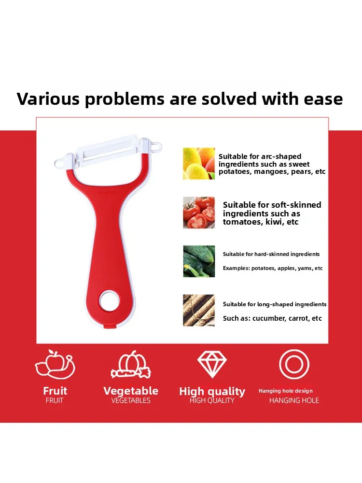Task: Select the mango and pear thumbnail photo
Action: [x=199, y=163]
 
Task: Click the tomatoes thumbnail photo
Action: [x=199, y=212]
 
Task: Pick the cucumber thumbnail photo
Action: [x=199, y=261]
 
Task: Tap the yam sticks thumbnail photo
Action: [x=199, y=310]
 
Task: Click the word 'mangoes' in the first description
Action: [x=267, y=171]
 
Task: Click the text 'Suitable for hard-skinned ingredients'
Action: [x=271, y=254]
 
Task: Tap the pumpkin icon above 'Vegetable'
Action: [x=130, y=365]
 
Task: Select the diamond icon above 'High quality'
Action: [x=212, y=365]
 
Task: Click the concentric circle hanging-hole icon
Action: [x=294, y=364]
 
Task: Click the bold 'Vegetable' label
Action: [x=131, y=391]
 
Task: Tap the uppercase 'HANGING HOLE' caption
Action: [x=294, y=400]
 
